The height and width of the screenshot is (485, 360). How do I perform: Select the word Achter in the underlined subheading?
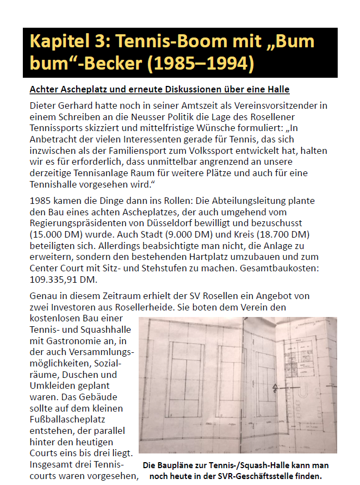click(45, 89)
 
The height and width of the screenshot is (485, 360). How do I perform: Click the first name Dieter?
click(45, 105)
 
